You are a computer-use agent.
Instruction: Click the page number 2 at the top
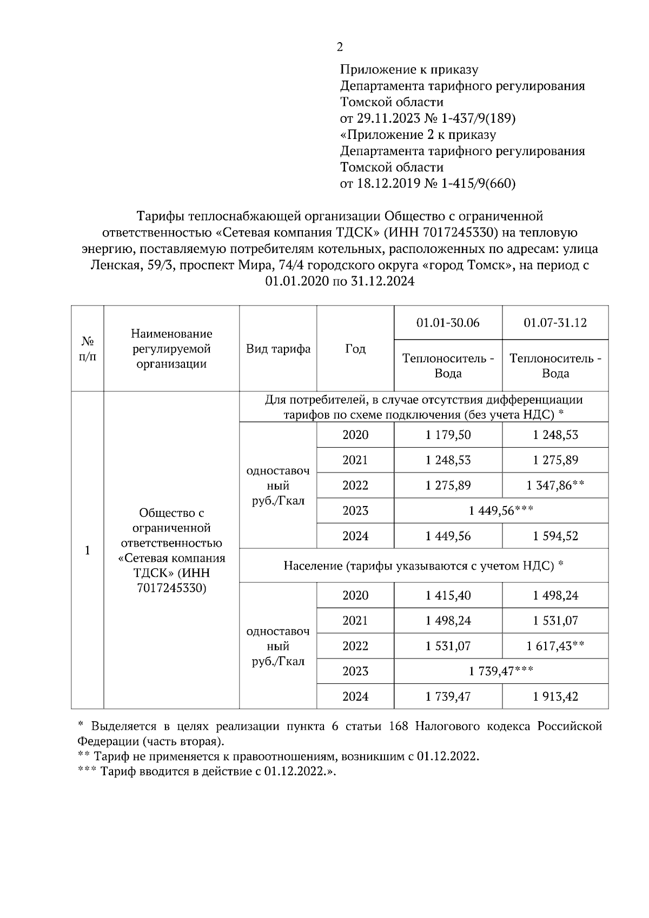pyautogui.click(x=340, y=48)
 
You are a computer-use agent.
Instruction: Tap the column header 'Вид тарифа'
pyautogui.click(x=278, y=349)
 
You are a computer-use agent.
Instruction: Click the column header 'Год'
pyautogui.click(x=355, y=349)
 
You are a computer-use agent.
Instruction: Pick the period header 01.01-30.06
pyautogui.click(x=448, y=323)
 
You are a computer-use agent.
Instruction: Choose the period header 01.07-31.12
pyautogui.click(x=555, y=323)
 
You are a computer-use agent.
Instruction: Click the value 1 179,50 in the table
pyautogui.click(x=448, y=435)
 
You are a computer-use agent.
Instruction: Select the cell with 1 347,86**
pyautogui.click(x=555, y=485)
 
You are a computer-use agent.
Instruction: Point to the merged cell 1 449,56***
pyautogui.click(x=501, y=511)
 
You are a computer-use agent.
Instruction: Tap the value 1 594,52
pyautogui.click(x=555, y=536)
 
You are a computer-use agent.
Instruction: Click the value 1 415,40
pyautogui.click(x=448, y=596)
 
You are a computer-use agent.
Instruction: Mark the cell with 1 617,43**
pyautogui.click(x=555, y=646)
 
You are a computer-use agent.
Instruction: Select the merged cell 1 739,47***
pyautogui.click(x=501, y=671)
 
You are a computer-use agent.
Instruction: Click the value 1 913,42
pyautogui.click(x=555, y=697)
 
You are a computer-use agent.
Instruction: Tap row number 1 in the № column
pyautogui.click(x=87, y=550)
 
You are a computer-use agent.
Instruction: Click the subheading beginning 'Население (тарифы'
pyautogui.click(x=423, y=566)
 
